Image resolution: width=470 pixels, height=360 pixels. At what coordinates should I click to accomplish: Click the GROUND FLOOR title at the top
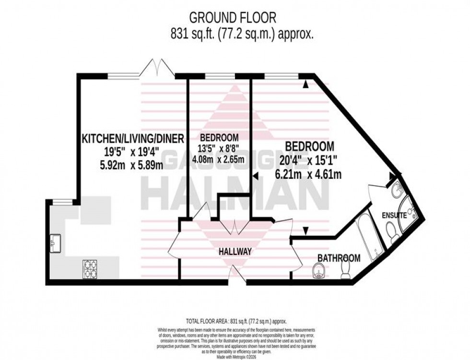pos(233,18)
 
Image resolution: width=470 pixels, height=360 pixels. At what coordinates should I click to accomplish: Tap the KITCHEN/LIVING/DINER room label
pos(133,139)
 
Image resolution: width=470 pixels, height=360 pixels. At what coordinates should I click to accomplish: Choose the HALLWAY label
pos(235,251)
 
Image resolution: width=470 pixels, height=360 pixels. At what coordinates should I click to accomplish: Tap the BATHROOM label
pos(339,258)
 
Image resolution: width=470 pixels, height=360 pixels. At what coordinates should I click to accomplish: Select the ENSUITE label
pos(394,216)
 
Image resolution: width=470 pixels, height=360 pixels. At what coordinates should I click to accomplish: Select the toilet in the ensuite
pos(393,235)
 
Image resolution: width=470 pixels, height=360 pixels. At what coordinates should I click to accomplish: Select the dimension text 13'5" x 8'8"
pos(219,149)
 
